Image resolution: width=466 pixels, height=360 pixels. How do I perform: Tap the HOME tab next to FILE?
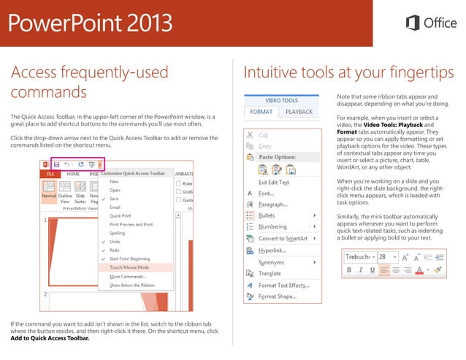click(73, 174)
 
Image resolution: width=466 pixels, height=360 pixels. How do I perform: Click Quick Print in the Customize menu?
click(121, 216)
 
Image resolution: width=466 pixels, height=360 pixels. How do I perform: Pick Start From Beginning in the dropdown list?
click(130, 258)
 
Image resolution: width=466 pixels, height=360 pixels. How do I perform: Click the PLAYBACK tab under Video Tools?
click(299, 112)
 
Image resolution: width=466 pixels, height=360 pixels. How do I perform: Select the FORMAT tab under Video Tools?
click(261, 112)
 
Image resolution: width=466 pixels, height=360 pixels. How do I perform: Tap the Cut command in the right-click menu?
click(264, 135)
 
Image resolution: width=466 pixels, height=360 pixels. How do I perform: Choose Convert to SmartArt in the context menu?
click(282, 238)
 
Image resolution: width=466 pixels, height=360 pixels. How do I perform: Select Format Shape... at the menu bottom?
click(277, 296)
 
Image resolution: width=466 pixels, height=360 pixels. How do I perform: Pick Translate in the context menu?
click(270, 273)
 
